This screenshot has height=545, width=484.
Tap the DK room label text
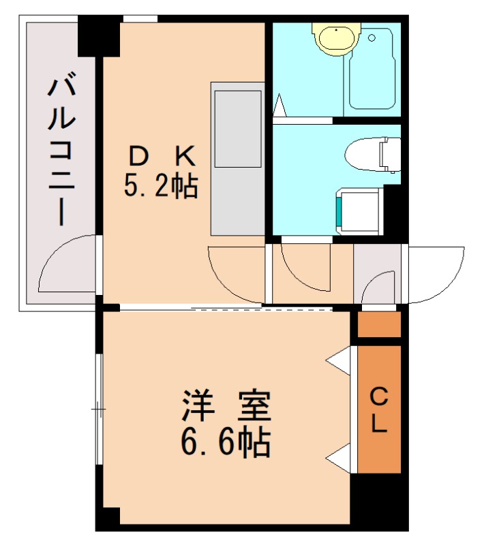point(162,157)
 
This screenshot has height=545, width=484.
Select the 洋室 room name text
point(226,407)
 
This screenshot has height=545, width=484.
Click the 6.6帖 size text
point(226,443)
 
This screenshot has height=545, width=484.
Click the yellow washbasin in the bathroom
point(335,39)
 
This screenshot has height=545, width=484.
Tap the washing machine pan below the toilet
point(359,212)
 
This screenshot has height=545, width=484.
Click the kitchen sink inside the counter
point(238,129)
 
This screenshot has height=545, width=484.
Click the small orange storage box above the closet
point(380,324)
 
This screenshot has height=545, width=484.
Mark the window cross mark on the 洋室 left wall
point(99,409)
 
